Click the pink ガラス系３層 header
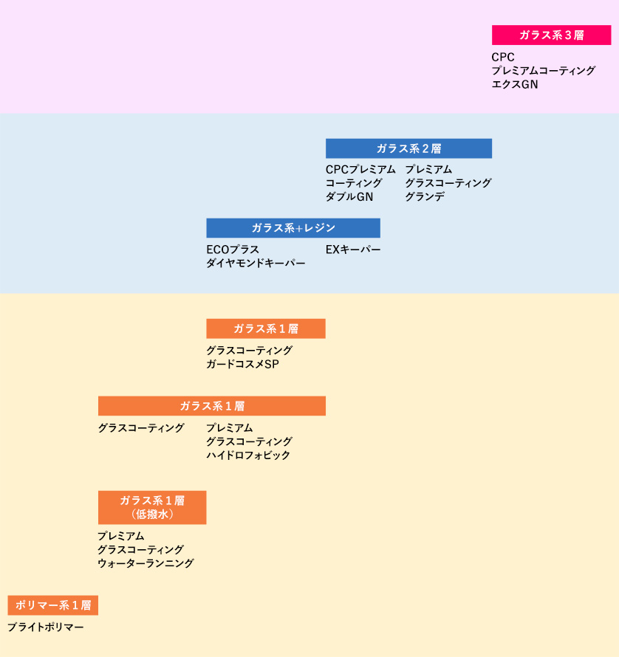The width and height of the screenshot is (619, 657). pos(551,35)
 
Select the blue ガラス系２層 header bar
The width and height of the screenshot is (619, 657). pos(408,148)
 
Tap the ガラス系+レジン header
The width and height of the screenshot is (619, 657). pos(293,228)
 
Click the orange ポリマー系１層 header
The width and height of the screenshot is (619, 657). pos(53,605)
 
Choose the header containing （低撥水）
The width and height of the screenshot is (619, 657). pos(152,507)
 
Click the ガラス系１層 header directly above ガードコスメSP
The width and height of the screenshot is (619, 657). pos(266,328)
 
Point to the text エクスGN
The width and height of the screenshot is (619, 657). pos(515,85)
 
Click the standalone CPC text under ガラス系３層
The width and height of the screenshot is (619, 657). pos(503,57)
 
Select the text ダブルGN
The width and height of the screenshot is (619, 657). pos(349,197)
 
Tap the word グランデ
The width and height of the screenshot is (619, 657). pos(425,197)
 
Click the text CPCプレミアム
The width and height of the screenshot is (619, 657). pos(360,170)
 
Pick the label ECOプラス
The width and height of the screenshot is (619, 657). pos(233,250)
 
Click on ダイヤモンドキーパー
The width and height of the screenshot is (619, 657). pos(256,263)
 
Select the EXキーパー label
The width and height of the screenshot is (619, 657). pos(353,250)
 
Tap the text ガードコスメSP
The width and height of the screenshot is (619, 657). pos(242,364)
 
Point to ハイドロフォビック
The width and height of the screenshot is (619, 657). pos(248,455)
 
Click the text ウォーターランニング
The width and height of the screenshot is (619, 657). pos(146,563)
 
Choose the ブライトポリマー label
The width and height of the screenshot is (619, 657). pos(46,627)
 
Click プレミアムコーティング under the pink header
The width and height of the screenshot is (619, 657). pos(543,71)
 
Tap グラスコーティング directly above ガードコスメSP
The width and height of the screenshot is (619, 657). pos(249,350)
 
